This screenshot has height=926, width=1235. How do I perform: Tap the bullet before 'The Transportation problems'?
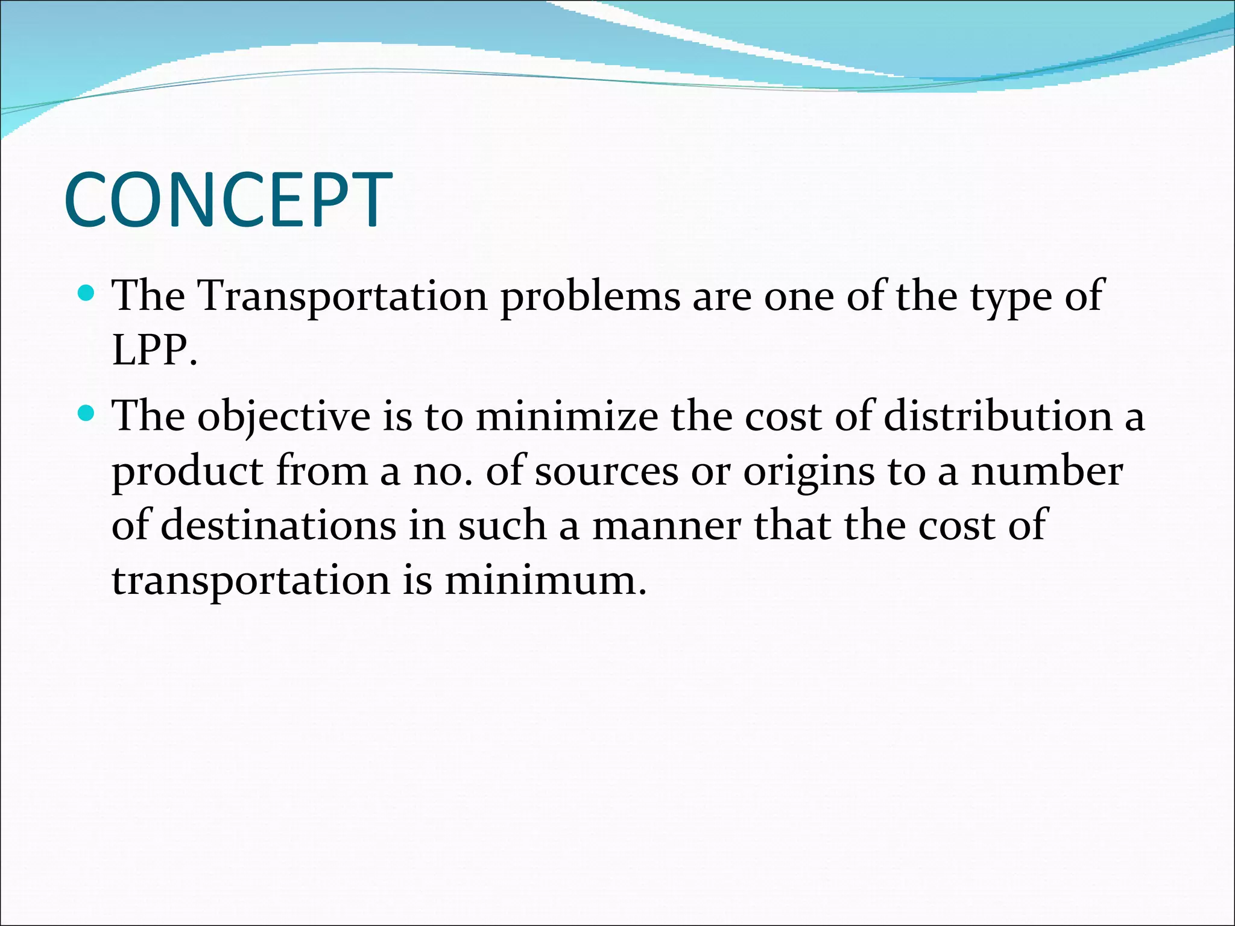[87, 294]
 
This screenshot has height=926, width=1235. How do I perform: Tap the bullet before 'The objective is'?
[87, 414]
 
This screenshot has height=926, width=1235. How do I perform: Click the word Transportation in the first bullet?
[343, 297]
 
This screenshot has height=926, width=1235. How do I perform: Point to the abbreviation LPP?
[154, 351]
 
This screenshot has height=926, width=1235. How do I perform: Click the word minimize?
[567, 417]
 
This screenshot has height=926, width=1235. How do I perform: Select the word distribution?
[998, 417]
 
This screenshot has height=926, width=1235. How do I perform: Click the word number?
[1046, 471]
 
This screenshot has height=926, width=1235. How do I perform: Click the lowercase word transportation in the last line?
[251, 581]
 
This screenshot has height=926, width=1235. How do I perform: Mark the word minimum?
[545, 580]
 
